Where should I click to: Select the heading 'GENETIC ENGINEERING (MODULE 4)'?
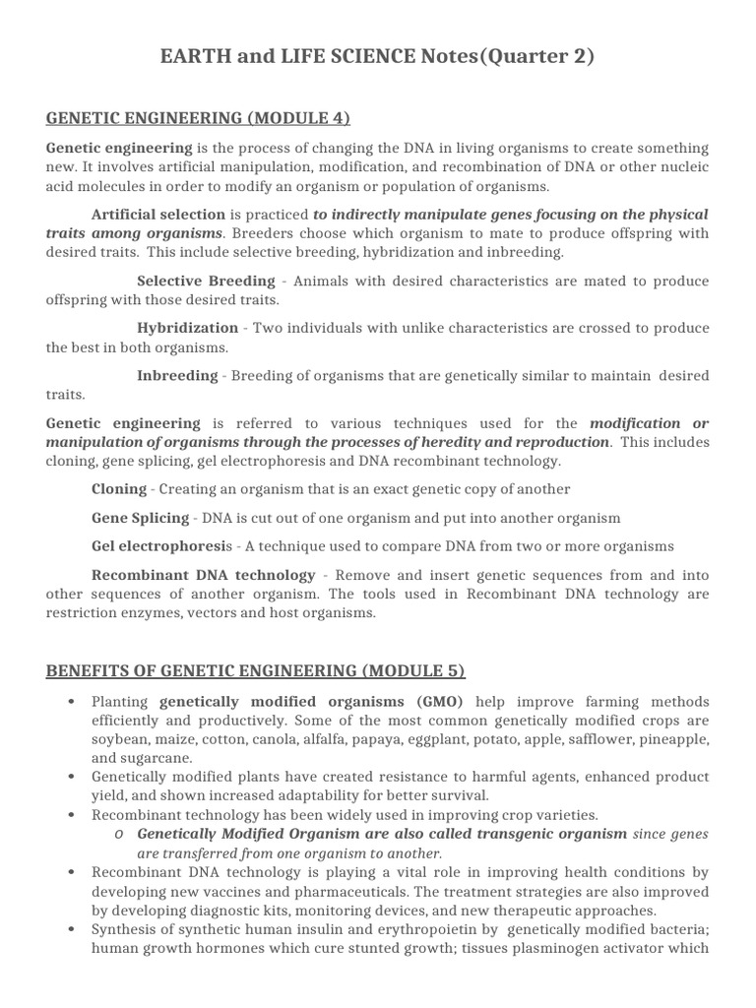198,119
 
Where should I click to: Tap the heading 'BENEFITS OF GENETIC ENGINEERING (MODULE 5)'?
255,671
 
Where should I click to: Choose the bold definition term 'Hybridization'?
187,328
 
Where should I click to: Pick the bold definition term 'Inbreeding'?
177,375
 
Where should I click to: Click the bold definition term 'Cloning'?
118,489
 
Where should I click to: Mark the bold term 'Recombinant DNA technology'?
203,575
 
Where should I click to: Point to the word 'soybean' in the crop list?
117,739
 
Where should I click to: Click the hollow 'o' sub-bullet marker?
118,835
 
